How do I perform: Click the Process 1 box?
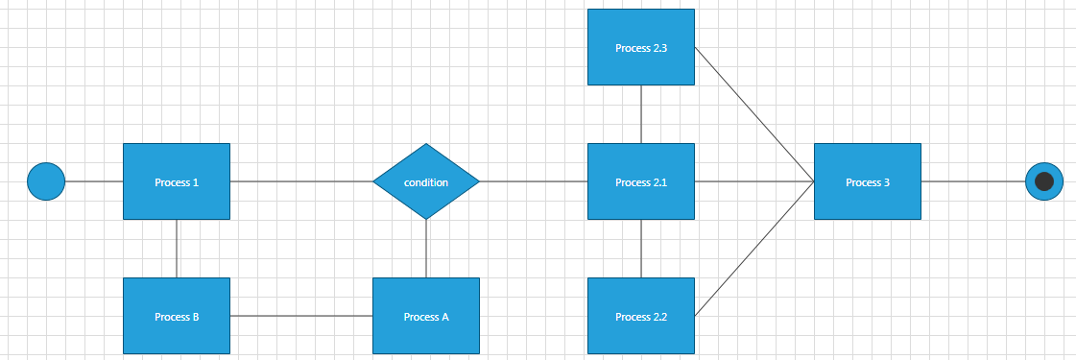click(177, 181)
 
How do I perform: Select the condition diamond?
click(426, 181)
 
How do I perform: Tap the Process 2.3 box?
click(640, 47)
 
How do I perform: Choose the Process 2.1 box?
click(640, 181)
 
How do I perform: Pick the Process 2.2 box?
click(640, 316)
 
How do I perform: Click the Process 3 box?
click(867, 181)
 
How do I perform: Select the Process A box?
click(426, 316)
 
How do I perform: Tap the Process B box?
click(177, 316)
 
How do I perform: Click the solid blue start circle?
click(46, 181)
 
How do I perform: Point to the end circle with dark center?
click(1044, 181)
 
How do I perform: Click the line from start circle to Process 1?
click(94, 181)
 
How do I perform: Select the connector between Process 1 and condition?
click(301, 181)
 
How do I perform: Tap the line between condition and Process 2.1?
click(534, 181)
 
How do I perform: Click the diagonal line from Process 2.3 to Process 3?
click(754, 114)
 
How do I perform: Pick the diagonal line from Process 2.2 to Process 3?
click(754, 249)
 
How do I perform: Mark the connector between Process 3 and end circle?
click(973, 181)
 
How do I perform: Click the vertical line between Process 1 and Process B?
click(177, 249)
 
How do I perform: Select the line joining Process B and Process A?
click(301, 316)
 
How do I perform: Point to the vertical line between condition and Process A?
click(426, 249)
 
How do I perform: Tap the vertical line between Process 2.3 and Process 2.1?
click(640, 114)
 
